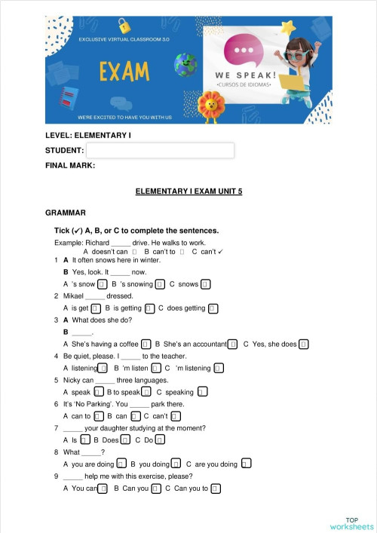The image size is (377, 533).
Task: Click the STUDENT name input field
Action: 160,151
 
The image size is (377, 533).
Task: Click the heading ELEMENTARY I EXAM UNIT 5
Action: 188,192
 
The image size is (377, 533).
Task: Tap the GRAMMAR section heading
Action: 66,213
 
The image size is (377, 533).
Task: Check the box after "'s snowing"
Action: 160,284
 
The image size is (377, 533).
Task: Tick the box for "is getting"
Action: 150,308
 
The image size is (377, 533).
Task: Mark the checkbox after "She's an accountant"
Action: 233,345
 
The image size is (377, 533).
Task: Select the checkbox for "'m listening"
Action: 218,368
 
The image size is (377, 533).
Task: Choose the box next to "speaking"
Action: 202,392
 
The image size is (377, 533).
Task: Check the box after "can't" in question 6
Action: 175,415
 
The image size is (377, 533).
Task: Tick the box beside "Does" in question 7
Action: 125,440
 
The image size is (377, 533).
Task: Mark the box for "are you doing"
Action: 246,464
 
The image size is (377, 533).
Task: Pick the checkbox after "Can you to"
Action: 216,489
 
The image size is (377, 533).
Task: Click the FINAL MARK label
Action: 70,164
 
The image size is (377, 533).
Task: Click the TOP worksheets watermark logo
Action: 351,524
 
